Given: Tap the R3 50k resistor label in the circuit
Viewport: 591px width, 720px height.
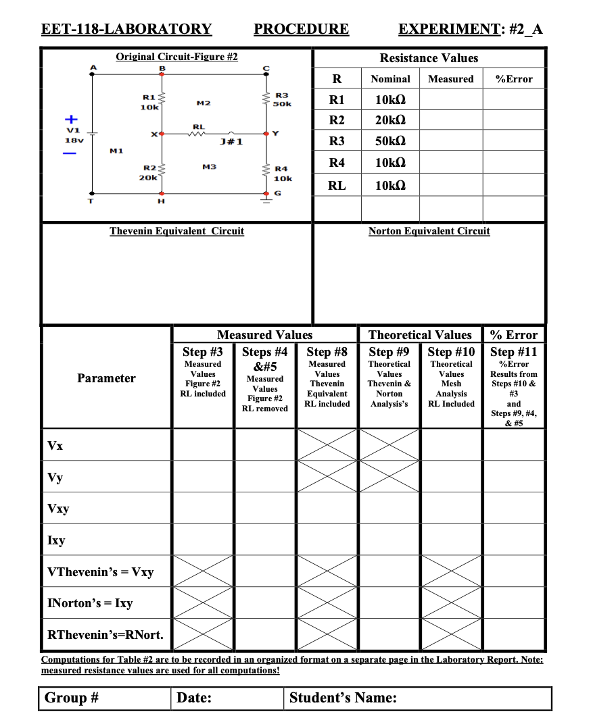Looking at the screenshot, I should point(282,100).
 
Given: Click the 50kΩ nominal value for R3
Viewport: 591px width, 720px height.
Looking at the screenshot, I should point(390,141).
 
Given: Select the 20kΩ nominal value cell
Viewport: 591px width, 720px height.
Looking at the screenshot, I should point(390,120).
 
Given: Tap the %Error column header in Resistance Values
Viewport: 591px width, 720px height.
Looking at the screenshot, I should point(514,79).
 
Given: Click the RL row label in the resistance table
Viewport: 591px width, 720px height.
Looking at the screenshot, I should point(336,185).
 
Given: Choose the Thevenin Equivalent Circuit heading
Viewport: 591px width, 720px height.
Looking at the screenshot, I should point(176,231).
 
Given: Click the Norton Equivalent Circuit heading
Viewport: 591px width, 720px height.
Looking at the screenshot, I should point(429,231).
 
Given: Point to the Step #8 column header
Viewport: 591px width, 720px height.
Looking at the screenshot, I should point(327,351).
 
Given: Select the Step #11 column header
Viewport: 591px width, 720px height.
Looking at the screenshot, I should point(514,351).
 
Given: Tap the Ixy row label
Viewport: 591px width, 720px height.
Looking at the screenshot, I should point(57,540).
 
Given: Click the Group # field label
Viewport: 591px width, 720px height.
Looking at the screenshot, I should point(72,698).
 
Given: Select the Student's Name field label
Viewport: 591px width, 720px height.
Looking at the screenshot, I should point(343,698).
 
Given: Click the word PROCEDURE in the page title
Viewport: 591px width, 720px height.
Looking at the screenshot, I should point(301,28).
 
